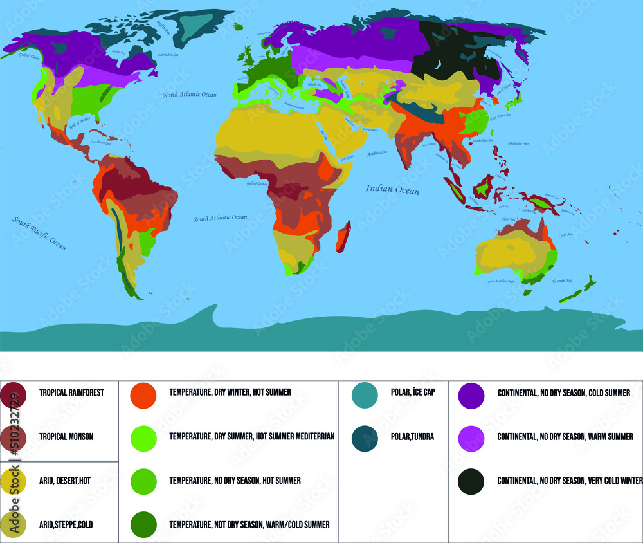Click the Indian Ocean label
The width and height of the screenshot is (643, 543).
tap(392, 190)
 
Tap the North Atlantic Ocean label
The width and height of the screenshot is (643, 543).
tap(190, 95)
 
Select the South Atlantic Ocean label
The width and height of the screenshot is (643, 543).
tap(221, 218)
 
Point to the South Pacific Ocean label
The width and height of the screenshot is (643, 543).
tap(39, 233)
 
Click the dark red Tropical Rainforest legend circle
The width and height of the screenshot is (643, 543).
tap(14, 394)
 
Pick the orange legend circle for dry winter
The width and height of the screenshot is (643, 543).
tap(143, 394)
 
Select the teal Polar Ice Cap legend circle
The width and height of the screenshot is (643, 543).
tap(365, 394)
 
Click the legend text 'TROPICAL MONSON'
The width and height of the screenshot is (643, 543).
tap(66, 437)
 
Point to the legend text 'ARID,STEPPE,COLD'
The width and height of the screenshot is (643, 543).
tap(66, 525)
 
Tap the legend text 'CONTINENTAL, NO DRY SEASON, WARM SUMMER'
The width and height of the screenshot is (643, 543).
tap(565, 437)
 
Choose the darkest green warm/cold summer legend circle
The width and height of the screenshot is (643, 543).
tap(143, 525)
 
